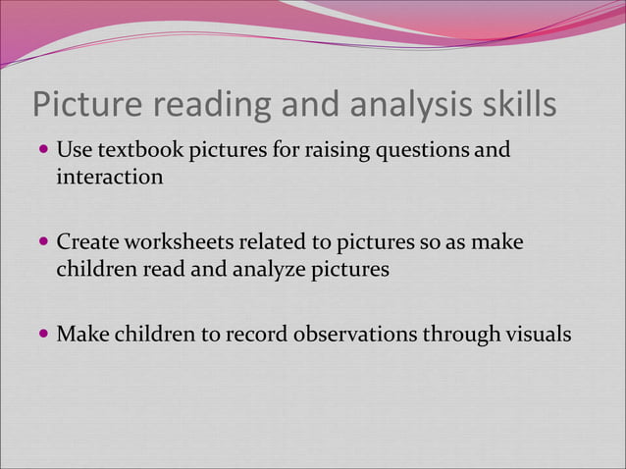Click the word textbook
click(x=131, y=151)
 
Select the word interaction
click(x=110, y=179)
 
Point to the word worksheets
click(x=179, y=242)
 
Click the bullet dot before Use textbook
click(x=42, y=152)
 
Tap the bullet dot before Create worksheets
click(x=42, y=242)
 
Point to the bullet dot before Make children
click(x=42, y=335)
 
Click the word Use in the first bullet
click(x=73, y=151)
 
